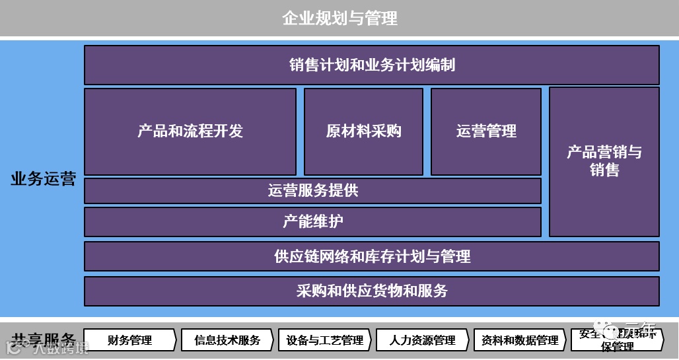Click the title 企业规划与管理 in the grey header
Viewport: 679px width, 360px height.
pyautogui.click(x=339, y=18)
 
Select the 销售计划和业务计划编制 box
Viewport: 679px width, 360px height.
pyautogui.click(x=371, y=65)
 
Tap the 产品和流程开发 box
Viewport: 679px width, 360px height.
pyautogui.click(x=190, y=131)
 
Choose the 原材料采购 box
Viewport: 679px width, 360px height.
pyautogui.click(x=363, y=131)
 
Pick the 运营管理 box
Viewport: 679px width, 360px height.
pyautogui.click(x=486, y=131)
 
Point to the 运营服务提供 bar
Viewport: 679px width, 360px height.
pyautogui.click(x=312, y=191)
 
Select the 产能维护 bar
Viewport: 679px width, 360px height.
pyautogui.click(x=312, y=221)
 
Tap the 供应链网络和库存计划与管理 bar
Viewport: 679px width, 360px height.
pyautogui.click(x=371, y=256)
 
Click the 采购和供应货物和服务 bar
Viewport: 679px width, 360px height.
pyautogui.click(x=371, y=291)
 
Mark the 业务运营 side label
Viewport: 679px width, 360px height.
pyautogui.click(x=43, y=180)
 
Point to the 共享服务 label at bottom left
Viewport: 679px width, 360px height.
pyautogui.click(x=44, y=338)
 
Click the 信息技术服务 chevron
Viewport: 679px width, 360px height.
pyautogui.click(x=227, y=340)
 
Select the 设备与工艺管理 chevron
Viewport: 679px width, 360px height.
pyautogui.click(x=324, y=340)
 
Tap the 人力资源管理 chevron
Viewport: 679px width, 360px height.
pyautogui.click(x=422, y=340)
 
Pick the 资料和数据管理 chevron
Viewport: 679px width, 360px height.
pyautogui.click(x=520, y=340)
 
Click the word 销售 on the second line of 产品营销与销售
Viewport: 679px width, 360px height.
pyautogui.click(x=604, y=170)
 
